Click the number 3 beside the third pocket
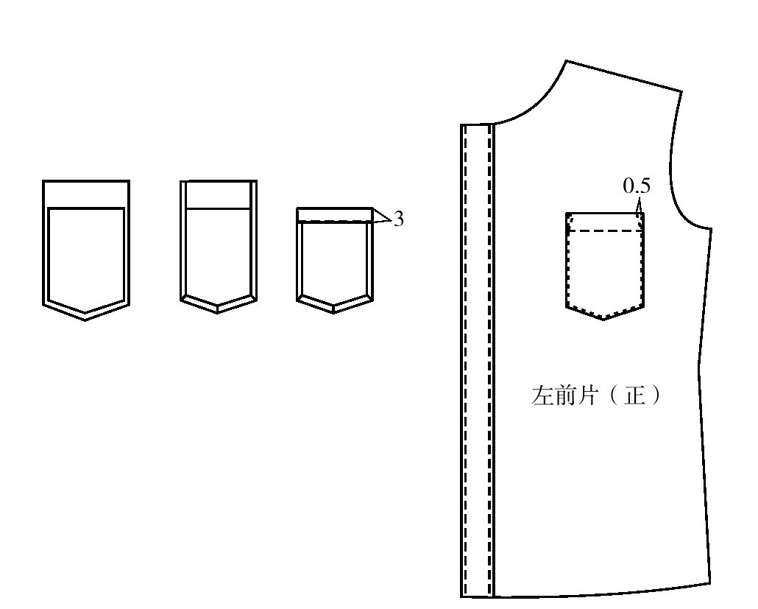pos(398,219)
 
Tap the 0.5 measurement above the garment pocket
pos(637,186)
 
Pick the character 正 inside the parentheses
pos(634,395)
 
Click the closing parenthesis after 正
pos(656,395)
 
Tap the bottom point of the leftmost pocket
pos(85,320)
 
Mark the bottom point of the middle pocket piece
pos(218,312)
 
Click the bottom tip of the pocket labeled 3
pos(333,312)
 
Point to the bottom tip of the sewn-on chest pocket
pos(603,320)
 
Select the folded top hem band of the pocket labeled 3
pos(335,215)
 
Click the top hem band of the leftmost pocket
pos(86,194)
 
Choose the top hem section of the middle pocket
pos(218,195)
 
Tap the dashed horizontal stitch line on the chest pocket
pos(604,231)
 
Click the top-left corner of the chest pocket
pos(567,213)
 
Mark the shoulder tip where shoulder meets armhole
pos(681,91)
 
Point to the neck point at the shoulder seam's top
pos(566,61)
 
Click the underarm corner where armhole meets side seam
pos(711,229)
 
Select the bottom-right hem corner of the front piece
pos(710,583)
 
